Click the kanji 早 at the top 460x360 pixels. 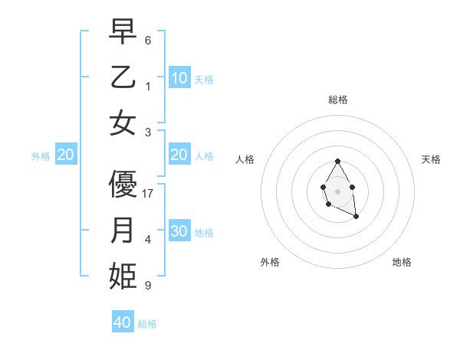[123, 32]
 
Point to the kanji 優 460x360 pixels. [123, 185]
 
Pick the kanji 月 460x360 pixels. [123, 231]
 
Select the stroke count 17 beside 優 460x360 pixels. [149, 194]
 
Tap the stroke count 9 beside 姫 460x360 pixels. [148, 286]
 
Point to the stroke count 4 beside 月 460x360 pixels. [148, 240]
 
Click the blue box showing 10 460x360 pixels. [179, 77]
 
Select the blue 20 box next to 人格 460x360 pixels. [179, 155]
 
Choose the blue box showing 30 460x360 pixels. [179, 231]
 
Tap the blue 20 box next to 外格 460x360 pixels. [66, 155]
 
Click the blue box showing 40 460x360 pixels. [123, 322]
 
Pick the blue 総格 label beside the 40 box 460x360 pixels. [147, 324]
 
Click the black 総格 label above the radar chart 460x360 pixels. [337, 100]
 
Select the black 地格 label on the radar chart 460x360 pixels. [402, 262]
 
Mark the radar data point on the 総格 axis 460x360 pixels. [337, 161]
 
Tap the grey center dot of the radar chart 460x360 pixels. [337, 190]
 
